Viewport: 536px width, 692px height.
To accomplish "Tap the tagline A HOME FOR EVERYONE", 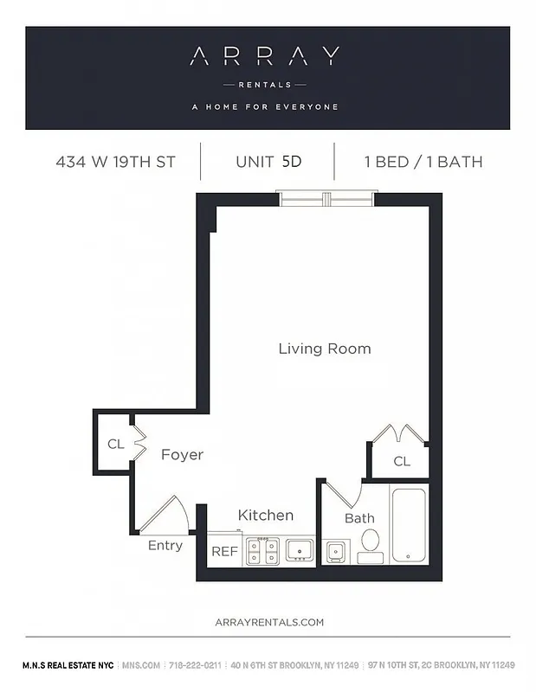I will tap(264, 107).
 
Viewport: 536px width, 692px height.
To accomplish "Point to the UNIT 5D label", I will tap(268, 162).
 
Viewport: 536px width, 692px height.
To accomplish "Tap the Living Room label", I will tap(324, 349).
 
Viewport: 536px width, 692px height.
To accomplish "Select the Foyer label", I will tap(182, 455).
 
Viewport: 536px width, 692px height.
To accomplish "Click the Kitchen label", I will tap(265, 516).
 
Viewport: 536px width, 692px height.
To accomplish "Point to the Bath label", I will tap(359, 519).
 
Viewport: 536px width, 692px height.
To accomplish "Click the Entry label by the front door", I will tap(165, 546).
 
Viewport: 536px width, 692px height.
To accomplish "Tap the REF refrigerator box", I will tap(224, 552).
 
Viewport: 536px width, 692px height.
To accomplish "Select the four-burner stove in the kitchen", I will tap(262, 551).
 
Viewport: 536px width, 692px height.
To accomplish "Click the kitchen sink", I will tap(300, 550).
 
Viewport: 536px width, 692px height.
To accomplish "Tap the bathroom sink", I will tap(334, 551).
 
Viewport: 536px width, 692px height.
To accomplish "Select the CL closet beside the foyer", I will tap(114, 444).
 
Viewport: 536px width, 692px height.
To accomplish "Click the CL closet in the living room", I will tap(401, 461).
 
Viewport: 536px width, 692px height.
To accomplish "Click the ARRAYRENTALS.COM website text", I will tap(268, 622).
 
